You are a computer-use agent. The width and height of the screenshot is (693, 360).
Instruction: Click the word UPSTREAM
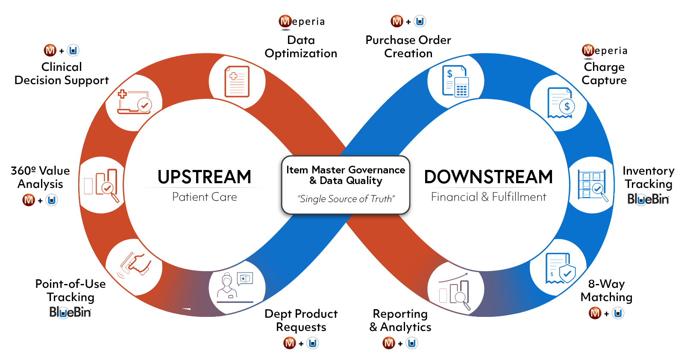pos(204,177)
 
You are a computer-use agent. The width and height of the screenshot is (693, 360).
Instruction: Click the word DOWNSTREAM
pos(488,177)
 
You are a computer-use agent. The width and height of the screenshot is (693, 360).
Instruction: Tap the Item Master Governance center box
pos(345,184)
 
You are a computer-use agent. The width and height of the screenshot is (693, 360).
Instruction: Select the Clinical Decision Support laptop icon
pos(134,102)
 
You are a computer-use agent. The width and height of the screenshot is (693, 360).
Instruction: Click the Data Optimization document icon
pos(237,81)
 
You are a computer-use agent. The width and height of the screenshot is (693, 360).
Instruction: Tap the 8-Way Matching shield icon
pos(560,268)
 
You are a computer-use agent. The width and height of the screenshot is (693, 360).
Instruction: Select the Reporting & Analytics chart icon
pos(455,290)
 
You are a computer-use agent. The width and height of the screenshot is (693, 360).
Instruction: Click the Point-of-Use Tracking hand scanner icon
pos(135,264)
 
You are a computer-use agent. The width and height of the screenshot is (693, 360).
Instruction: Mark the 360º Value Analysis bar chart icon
pos(102,185)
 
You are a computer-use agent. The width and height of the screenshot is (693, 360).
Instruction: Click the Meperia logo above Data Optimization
pos(302,21)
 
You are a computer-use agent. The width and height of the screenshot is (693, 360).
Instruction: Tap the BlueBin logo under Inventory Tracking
pos(648,199)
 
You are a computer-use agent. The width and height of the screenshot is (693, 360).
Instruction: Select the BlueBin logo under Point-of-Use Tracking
pos(70,312)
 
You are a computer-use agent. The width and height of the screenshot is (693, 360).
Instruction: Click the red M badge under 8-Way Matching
pos(595,313)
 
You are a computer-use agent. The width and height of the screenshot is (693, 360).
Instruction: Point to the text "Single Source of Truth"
pos(346,199)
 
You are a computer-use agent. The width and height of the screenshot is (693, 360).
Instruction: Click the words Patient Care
pos(204,197)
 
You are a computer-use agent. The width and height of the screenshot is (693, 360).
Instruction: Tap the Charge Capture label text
pos(604,73)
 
